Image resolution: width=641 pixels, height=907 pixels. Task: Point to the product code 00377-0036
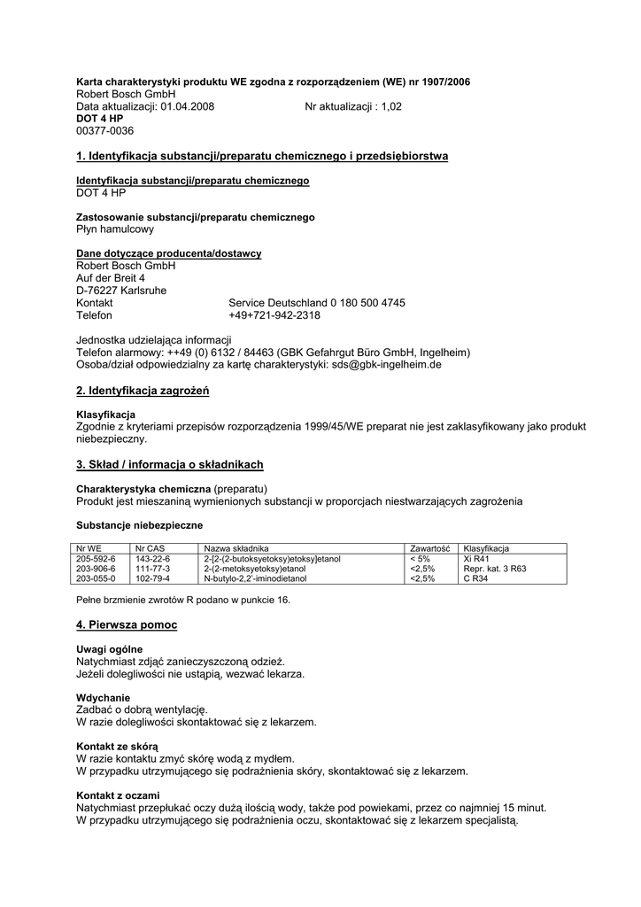click(104, 131)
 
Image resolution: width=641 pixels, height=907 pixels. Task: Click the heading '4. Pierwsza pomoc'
click(127, 625)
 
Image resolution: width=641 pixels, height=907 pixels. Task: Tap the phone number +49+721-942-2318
click(274, 315)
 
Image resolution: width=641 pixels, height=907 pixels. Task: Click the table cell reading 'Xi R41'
click(478, 559)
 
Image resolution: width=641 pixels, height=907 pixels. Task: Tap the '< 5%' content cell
click(420, 559)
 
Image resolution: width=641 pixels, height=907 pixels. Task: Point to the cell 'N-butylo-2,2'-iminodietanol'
click(255, 578)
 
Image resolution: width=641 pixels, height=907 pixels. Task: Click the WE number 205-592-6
click(96, 559)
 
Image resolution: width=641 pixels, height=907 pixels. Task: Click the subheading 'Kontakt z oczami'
click(118, 795)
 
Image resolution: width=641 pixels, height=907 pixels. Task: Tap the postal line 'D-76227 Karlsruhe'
click(121, 291)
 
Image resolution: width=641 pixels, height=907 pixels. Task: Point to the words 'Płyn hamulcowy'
click(115, 229)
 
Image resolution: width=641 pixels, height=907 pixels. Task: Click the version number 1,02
click(390, 106)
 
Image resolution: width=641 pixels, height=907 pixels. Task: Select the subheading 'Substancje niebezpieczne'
click(139, 525)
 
